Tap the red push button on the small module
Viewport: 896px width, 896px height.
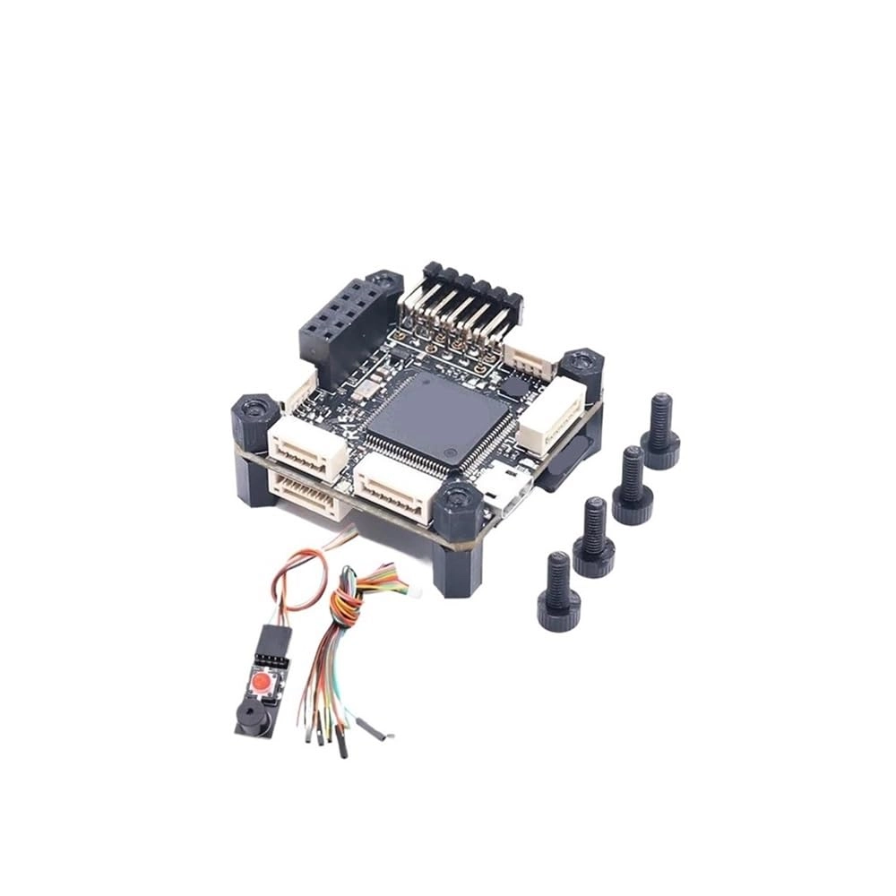pos(261,684)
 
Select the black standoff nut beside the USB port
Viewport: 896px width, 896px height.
pos(459,507)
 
